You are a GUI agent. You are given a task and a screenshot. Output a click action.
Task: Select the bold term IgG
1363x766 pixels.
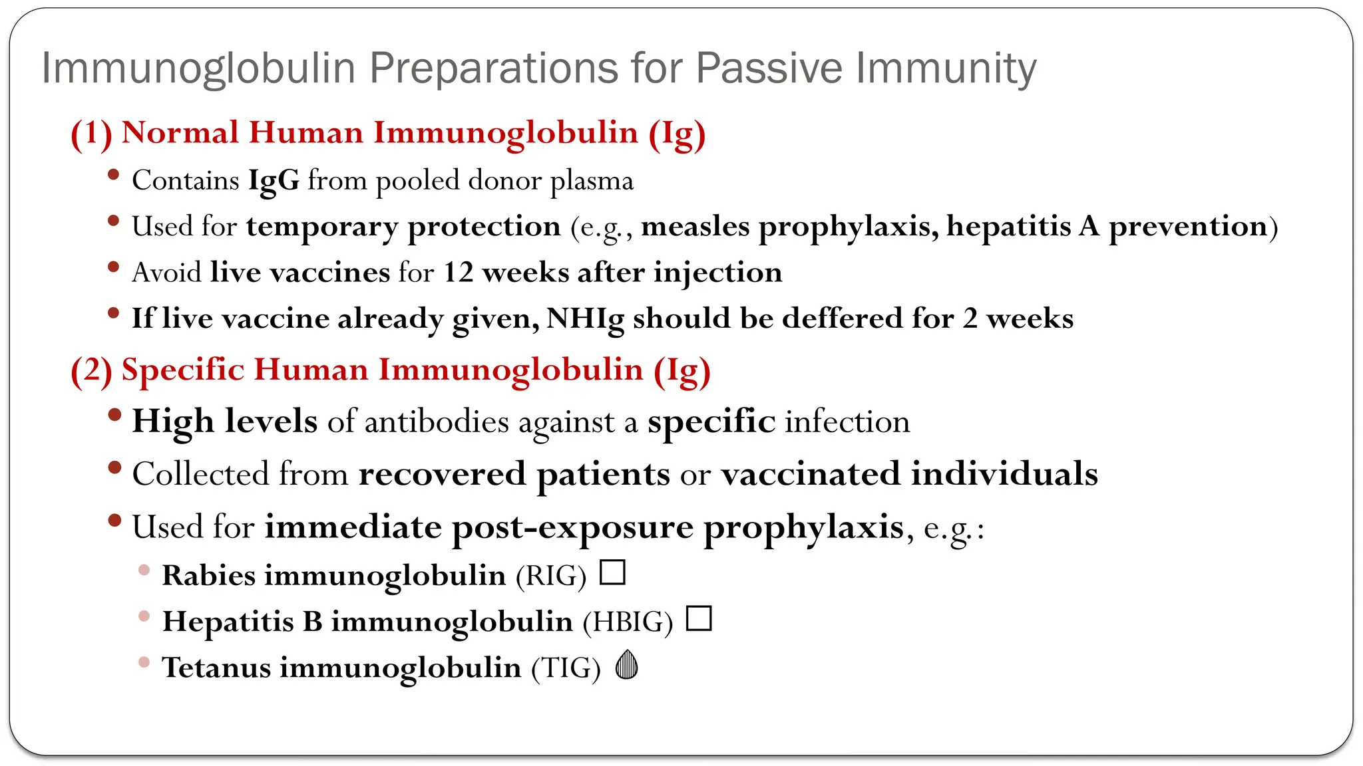(274, 181)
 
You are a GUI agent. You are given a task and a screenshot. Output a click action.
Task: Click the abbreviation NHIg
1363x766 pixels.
(585, 319)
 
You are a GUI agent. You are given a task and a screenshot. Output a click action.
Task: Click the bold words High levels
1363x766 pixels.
(225, 422)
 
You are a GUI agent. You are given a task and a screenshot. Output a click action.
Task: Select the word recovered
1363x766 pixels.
(442, 474)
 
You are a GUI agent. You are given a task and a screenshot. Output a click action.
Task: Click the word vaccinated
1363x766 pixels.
(811, 474)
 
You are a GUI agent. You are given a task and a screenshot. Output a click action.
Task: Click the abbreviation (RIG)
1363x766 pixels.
(550, 576)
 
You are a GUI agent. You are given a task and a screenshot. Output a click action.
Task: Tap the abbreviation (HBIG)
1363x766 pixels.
(628, 622)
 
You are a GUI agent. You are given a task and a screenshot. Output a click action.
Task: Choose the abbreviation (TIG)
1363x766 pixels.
(566, 668)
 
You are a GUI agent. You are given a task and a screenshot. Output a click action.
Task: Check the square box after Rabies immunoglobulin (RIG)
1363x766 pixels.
(612, 573)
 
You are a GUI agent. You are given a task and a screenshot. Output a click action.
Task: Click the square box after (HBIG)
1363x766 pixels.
(699, 618)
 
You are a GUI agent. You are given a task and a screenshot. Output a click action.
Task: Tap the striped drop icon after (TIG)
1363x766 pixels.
(627, 664)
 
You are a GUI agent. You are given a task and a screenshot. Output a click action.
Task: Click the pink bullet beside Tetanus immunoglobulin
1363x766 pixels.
(144, 662)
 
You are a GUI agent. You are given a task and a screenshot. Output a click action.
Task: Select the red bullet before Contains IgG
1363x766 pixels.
(114, 175)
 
